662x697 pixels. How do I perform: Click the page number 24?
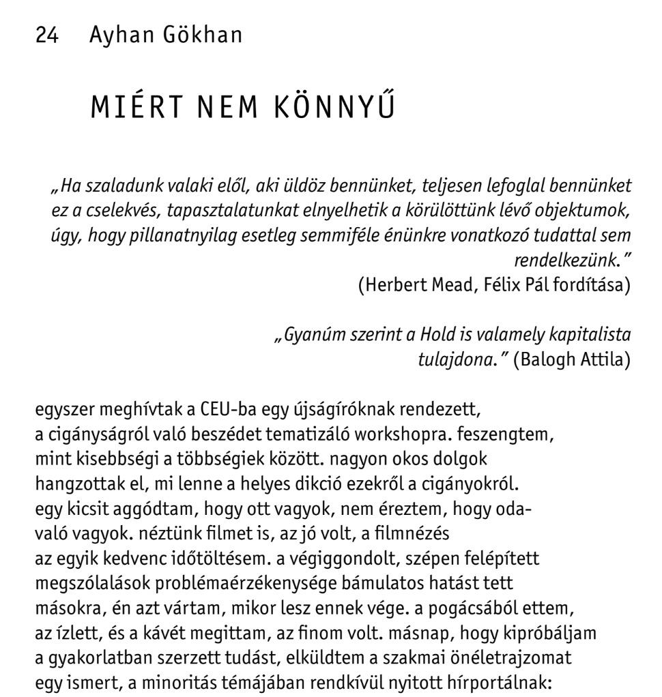[x=47, y=35]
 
